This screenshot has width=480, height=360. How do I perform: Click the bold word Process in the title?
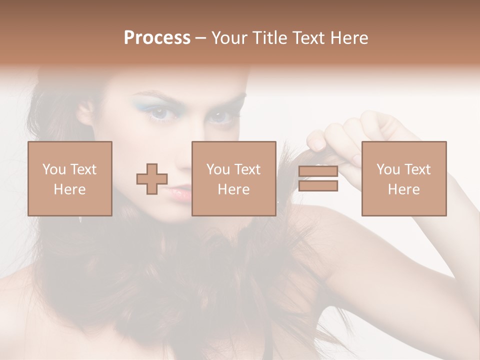(x=157, y=38)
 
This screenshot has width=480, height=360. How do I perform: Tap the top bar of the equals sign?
(x=318, y=171)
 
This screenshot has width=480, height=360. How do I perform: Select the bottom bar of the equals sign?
(x=318, y=186)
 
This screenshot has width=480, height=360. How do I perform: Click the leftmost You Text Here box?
(x=70, y=178)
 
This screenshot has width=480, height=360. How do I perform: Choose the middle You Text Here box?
(x=233, y=178)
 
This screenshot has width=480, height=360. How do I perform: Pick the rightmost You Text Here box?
(x=404, y=178)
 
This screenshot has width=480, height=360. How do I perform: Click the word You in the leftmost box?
(x=53, y=169)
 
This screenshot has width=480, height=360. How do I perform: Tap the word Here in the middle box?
(x=233, y=189)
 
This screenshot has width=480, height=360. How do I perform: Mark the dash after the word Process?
(x=201, y=38)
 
